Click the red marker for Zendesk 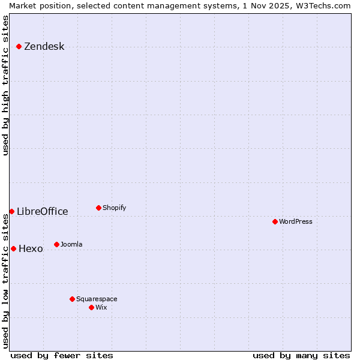(19, 46)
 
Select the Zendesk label (44, 47)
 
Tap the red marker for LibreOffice (11, 211)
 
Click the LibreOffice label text (42, 211)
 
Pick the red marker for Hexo (13, 248)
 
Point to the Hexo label (31, 249)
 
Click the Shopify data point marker (98, 208)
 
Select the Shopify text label (114, 208)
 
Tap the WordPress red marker (275, 221)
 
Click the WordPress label (295, 222)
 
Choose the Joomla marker (56, 244)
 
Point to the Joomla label (71, 245)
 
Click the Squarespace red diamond (72, 299)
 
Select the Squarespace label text (97, 299)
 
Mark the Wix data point (91, 307)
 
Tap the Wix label (101, 308)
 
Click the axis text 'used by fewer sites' (62, 356)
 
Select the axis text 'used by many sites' (301, 356)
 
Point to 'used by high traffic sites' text (5, 85)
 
